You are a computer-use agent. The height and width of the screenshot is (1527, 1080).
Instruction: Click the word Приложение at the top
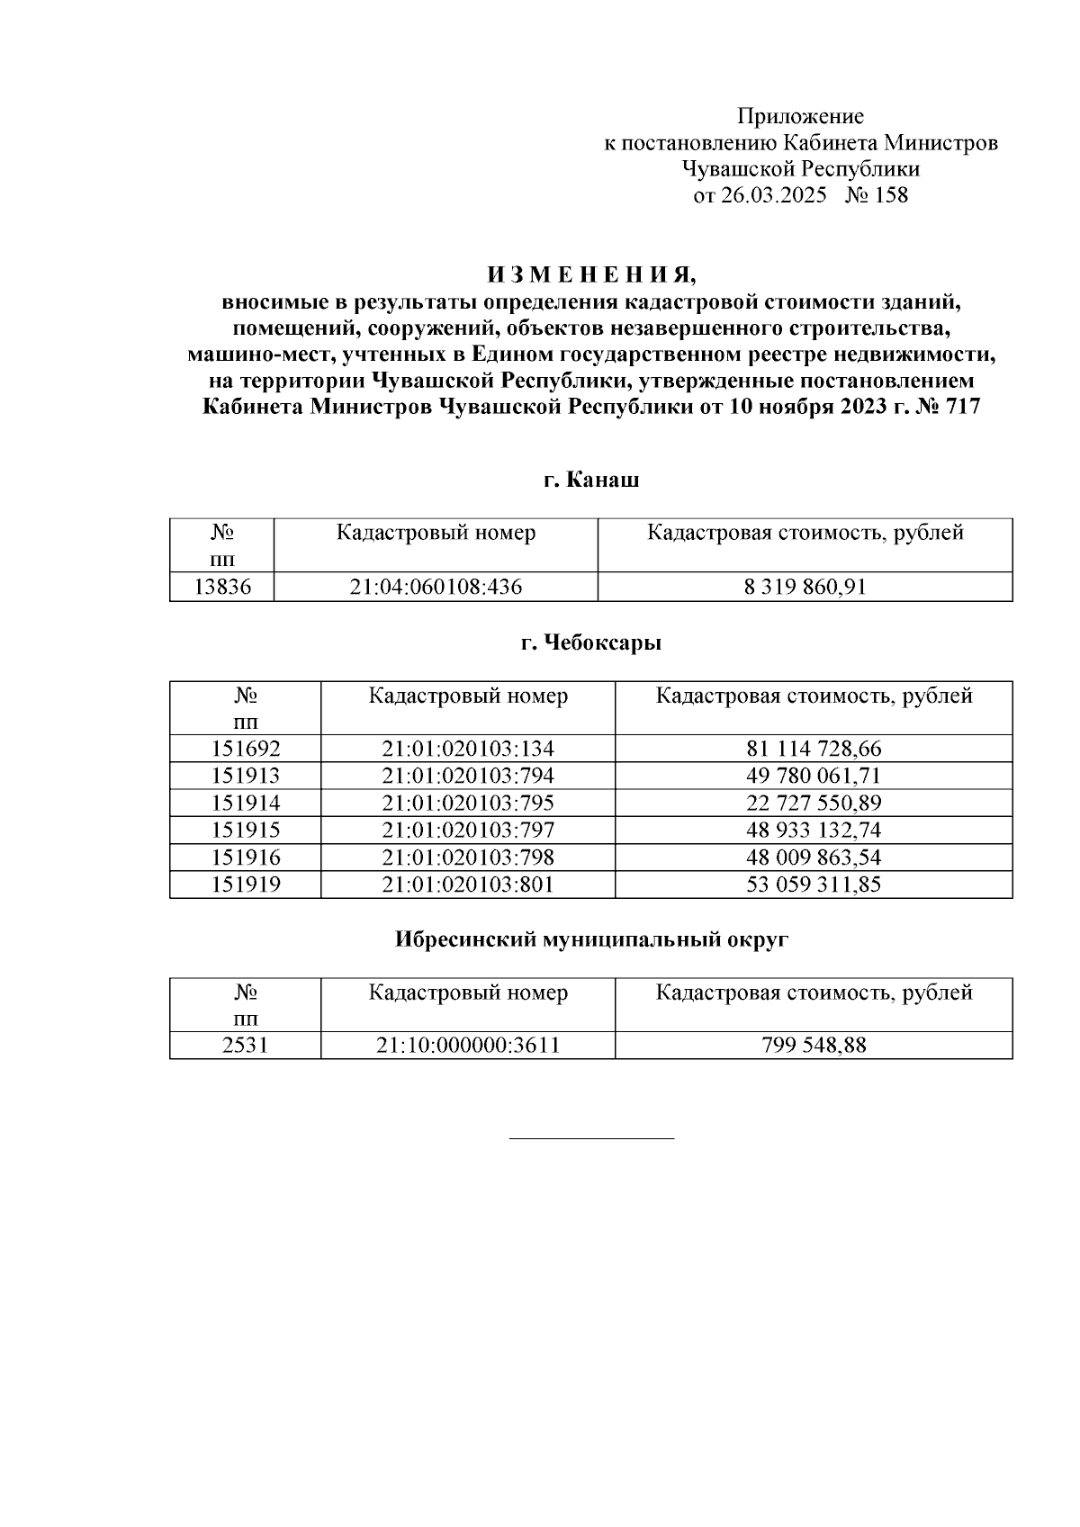coord(800,116)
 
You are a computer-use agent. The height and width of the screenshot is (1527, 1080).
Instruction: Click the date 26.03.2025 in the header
coord(773,195)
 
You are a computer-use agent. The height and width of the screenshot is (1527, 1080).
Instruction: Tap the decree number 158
coord(889,195)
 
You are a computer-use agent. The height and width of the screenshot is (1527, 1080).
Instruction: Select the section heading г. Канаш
coord(591,480)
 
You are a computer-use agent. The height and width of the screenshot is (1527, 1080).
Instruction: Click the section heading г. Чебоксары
coord(591,643)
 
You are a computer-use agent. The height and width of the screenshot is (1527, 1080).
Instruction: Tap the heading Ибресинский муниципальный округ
coord(591,940)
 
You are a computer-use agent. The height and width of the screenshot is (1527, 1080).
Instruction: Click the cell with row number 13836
coord(222,588)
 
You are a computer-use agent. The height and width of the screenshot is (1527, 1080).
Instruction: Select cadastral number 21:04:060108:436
coord(436,588)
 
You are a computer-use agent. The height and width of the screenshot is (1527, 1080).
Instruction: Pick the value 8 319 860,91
coord(805,588)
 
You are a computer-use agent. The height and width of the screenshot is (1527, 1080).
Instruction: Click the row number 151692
coord(246,749)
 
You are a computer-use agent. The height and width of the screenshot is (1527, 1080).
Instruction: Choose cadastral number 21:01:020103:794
coord(468,776)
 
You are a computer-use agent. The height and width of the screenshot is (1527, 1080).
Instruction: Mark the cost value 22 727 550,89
coord(814,803)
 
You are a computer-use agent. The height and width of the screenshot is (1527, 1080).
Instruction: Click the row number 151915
coord(246,830)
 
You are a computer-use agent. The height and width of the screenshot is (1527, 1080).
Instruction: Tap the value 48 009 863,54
coord(814,857)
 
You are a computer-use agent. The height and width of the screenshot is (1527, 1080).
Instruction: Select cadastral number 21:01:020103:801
coord(468,885)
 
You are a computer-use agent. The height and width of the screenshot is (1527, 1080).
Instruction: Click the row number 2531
coord(246,1046)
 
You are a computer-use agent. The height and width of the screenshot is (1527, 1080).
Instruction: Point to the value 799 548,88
coord(814,1046)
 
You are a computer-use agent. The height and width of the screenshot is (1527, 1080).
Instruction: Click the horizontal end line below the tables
coord(591,1138)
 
